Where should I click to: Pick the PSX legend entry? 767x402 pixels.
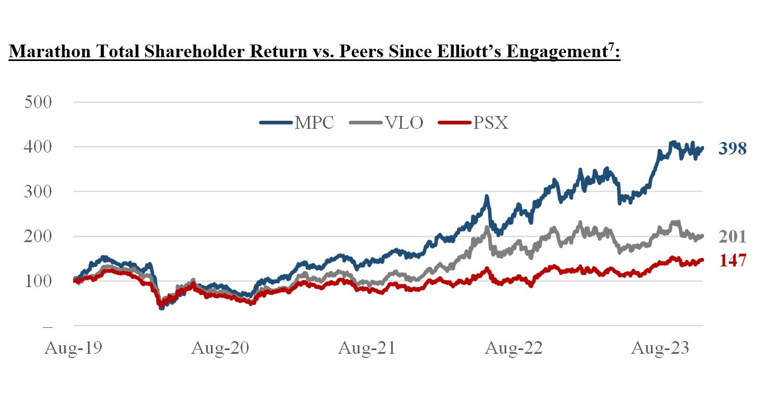[490, 123]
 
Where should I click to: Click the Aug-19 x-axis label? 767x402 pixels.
[74, 348]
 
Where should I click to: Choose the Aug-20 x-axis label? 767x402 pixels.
[220, 348]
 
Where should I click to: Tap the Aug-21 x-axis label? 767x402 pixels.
[366, 348]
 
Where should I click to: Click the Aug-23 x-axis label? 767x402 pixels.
[659, 348]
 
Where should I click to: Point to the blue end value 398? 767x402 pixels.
[732, 150]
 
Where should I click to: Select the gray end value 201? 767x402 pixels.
[732, 237]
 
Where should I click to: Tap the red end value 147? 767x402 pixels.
[732, 260]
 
